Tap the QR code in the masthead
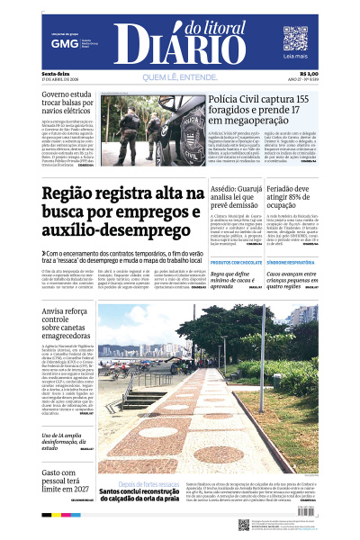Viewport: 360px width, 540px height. coord(295,39)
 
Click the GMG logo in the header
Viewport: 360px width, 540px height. coord(64,43)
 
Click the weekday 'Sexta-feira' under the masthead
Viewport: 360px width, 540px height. coord(55,73)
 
